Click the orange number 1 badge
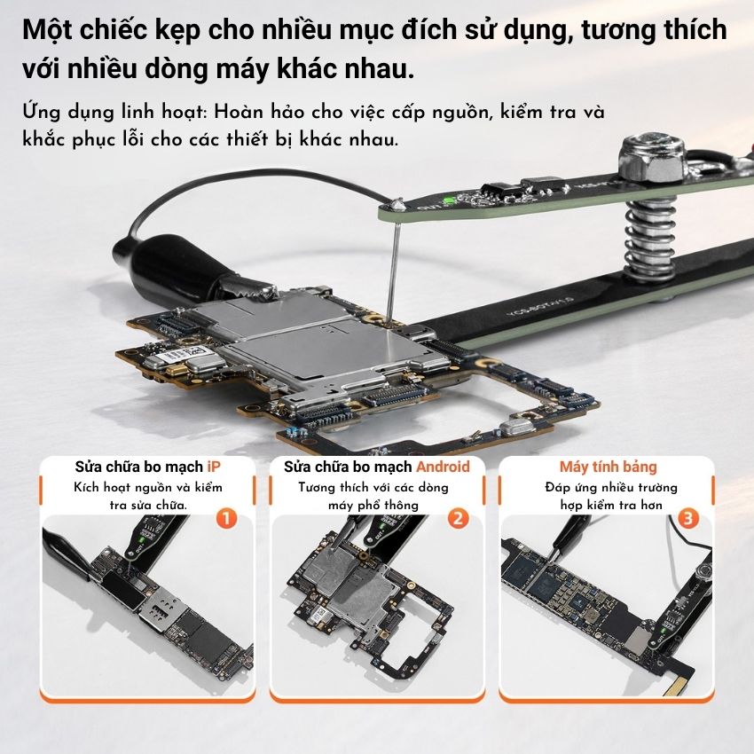(x=226, y=519)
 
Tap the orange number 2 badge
(x=458, y=518)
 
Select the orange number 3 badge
(x=687, y=518)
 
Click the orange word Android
(x=443, y=467)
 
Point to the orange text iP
(x=214, y=467)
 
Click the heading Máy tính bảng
(x=608, y=467)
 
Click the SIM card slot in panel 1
(x=161, y=610)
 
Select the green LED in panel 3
(x=664, y=630)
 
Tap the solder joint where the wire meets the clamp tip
(x=397, y=204)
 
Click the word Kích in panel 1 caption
(x=86, y=487)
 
